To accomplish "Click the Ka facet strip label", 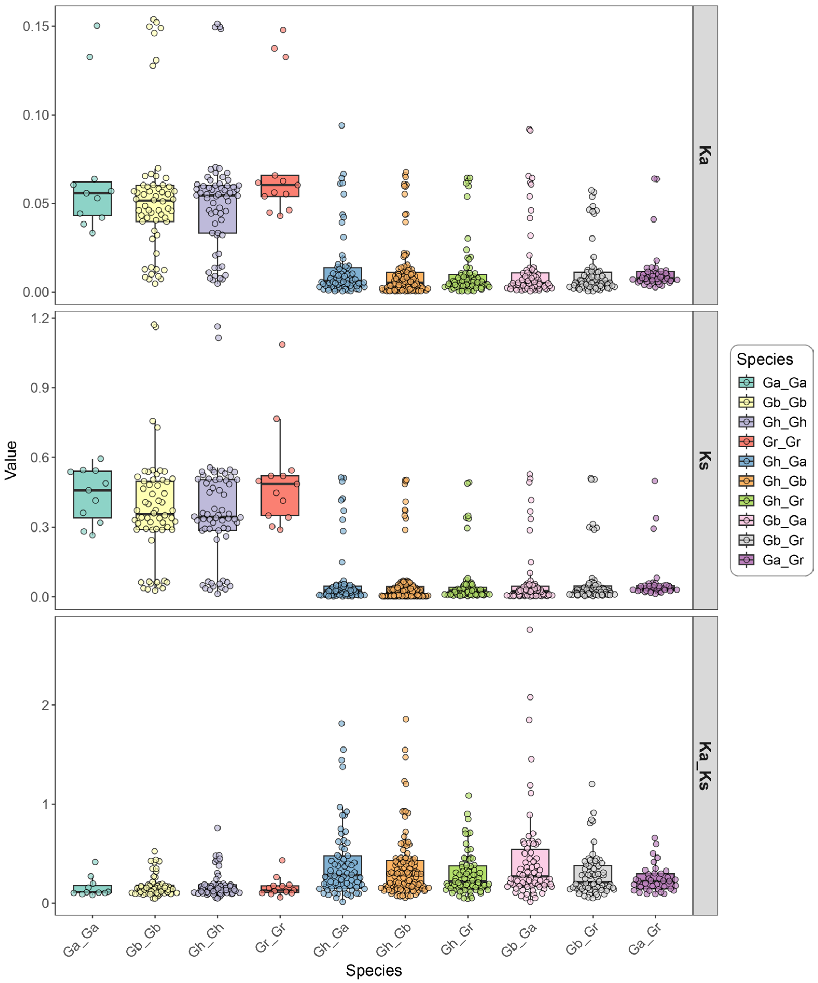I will (x=704, y=155).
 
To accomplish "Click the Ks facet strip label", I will (x=704, y=460).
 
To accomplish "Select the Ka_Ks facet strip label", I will (x=704, y=766).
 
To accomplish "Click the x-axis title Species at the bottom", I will (x=373, y=970).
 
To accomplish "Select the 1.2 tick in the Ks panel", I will (x=39, y=318).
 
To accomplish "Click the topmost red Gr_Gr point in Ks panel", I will (x=282, y=345).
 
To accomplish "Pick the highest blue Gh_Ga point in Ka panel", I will (x=342, y=125).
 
